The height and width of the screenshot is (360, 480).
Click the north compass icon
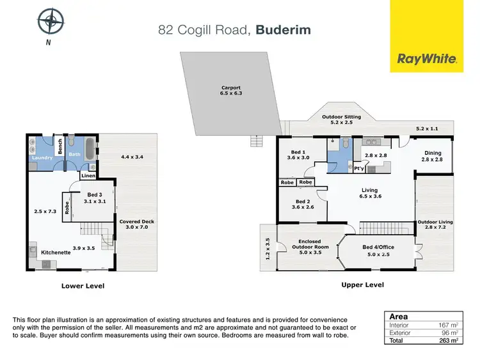[50, 21]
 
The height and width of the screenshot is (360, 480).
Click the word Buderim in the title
[282, 29]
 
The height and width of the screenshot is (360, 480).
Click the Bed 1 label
[298, 154]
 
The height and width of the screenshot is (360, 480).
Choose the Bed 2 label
[298, 204]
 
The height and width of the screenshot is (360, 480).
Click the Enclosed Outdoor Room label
[310, 244]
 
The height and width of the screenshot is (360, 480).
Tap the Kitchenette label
[56, 253]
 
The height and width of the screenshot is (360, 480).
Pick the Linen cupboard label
[88, 175]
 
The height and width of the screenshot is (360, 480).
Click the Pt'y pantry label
[359, 169]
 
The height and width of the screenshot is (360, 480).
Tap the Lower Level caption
[83, 286]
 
